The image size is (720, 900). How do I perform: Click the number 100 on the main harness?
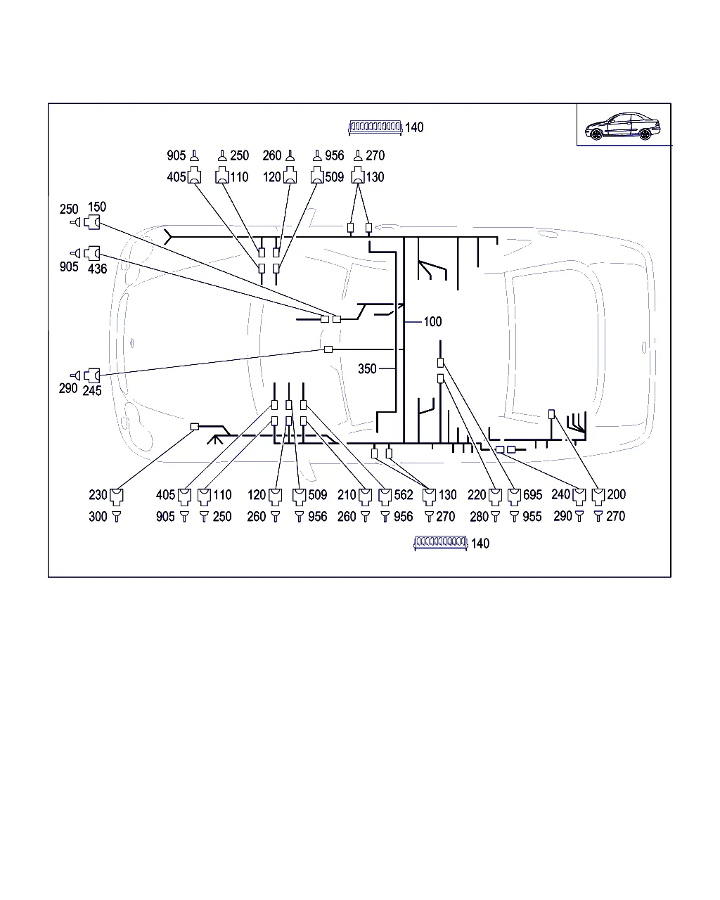(432, 321)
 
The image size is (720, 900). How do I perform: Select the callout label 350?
(367, 369)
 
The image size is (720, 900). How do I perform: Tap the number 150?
(97, 207)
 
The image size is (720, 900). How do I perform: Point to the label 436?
(98, 269)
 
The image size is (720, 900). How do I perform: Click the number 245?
(92, 391)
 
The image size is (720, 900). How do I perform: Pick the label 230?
(98, 495)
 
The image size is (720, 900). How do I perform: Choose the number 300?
(98, 517)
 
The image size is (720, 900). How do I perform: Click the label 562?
(404, 495)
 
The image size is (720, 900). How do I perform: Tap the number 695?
(532, 495)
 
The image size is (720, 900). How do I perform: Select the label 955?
(532, 517)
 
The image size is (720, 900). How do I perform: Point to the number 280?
(480, 517)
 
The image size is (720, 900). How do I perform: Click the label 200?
(616, 495)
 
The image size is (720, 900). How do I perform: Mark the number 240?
(560, 495)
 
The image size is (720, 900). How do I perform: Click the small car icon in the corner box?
(624, 126)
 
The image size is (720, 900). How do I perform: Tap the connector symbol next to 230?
(116, 497)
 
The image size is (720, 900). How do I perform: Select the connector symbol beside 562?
(385, 497)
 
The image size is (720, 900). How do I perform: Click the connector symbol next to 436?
(92, 253)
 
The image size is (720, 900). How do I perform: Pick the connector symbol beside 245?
(92, 375)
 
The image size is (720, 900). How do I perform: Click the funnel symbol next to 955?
(514, 517)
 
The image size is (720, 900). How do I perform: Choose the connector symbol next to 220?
(495, 497)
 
